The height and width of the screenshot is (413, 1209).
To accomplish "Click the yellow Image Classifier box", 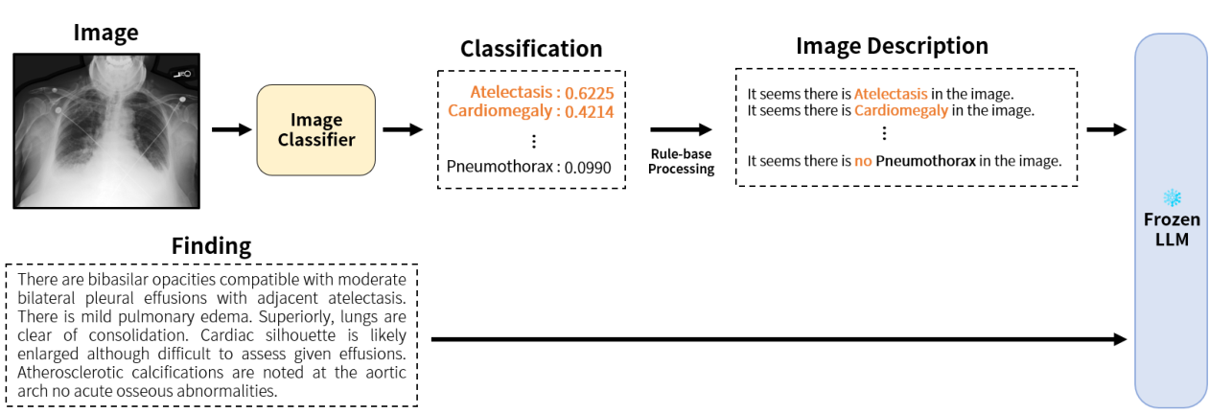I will [x=315, y=130].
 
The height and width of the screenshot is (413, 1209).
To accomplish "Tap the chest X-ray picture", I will [x=106, y=130].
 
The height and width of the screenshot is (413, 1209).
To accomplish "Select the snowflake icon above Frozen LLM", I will [x=1171, y=198].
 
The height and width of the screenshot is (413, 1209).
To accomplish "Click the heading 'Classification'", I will [x=531, y=49].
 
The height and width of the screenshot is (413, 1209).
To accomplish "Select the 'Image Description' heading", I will [x=892, y=46].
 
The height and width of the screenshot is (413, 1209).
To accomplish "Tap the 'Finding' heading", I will [x=211, y=246].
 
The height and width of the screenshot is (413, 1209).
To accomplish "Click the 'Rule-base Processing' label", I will [x=681, y=162].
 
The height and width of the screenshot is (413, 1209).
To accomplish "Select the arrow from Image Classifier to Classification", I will [x=402, y=129].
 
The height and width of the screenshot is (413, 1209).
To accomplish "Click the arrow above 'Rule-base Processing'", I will [x=681, y=129].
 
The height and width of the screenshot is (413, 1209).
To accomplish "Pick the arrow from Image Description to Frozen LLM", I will [x=1105, y=129].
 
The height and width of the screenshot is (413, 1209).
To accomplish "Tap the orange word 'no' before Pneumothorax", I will [x=863, y=161].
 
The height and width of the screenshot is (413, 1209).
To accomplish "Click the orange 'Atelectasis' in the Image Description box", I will [x=891, y=95].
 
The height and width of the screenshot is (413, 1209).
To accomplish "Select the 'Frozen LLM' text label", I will [x=1171, y=229].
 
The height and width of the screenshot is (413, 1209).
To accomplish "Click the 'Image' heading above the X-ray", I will [x=105, y=33].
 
